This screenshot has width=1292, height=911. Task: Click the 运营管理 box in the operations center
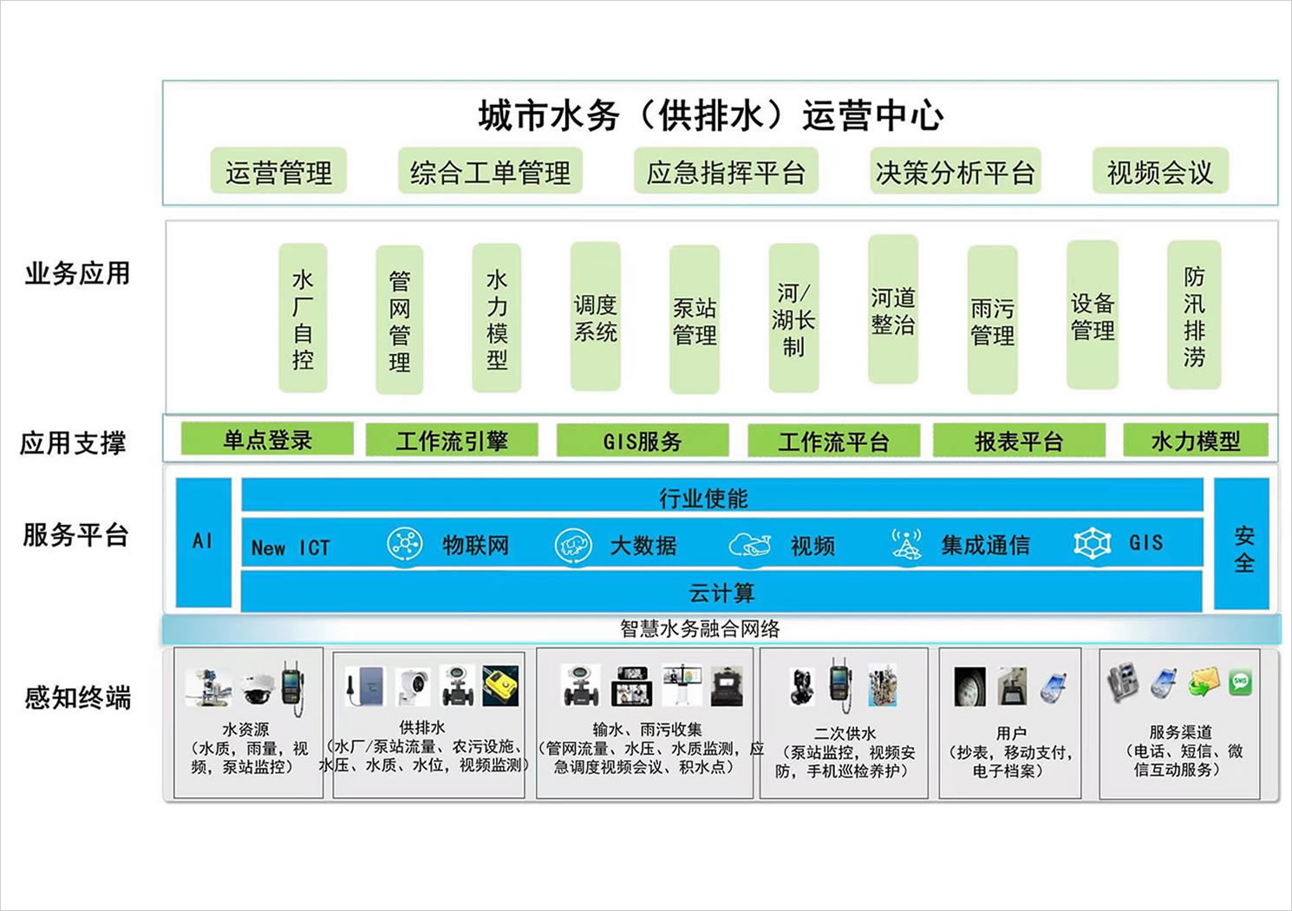tap(278, 172)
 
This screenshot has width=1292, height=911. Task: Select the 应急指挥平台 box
tap(726, 172)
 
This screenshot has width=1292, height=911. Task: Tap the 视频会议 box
tap(1159, 172)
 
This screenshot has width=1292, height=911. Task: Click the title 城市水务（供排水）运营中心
tap(711, 115)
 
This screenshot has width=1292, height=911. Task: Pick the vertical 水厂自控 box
tap(303, 318)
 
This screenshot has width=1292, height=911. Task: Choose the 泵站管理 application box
tap(695, 320)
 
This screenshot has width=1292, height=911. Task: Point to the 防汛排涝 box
tap(1194, 316)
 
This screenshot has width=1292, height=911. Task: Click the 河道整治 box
tap(893, 310)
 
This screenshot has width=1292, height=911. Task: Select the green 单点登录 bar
tap(267, 440)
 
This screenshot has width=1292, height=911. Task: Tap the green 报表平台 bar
tap(1019, 441)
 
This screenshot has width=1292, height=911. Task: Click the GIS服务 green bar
tap(643, 441)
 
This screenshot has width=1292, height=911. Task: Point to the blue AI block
tap(203, 541)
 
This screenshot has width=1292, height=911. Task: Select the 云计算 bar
tap(721, 593)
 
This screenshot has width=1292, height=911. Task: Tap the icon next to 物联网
tap(404, 545)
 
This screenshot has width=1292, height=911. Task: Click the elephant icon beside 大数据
tap(572, 546)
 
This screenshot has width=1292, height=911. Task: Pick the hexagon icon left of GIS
tap(1093, 543)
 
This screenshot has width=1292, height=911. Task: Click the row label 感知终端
tap(77, 697)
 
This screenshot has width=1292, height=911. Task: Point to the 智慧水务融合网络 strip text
tap(700, 628)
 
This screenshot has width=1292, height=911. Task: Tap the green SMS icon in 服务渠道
tap(1240, 681)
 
